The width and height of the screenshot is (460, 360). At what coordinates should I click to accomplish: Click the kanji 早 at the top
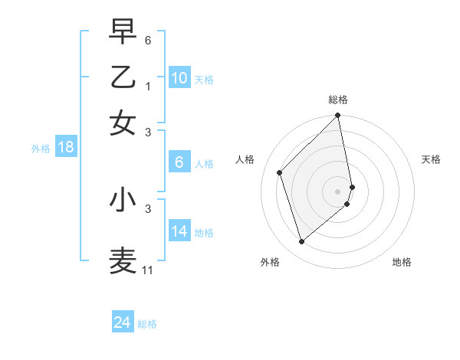[x=123, y=31]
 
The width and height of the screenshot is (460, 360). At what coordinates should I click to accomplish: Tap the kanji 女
[x=123, y=123]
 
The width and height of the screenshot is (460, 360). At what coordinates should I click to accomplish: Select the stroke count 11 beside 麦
[x=148, y=270]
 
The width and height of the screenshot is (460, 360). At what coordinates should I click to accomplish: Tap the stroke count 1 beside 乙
[x=148, y=87]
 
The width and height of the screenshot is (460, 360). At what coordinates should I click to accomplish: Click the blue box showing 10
[x=179, y=78]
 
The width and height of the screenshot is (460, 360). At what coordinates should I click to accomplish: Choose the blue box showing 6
[x=179, y=162]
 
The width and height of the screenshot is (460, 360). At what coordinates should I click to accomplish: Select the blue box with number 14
[x=179, y=231]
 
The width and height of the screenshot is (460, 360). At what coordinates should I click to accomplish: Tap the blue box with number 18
[x=66, y=148]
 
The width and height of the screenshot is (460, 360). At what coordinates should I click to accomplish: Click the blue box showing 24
[x=123, y=322]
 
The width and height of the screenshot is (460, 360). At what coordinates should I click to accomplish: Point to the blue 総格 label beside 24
[x=147, y=324]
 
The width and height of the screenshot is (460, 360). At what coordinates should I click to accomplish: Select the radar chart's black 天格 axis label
[x=432, y=159]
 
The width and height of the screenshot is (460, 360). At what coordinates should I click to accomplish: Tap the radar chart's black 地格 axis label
[x=402, y=262]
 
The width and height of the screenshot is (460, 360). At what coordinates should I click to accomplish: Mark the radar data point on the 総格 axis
[x=338, y=116]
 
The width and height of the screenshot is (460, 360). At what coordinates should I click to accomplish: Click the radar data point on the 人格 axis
[x=280, y=172]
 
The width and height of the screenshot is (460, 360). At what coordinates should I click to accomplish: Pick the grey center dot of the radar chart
[x=338, y=191]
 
